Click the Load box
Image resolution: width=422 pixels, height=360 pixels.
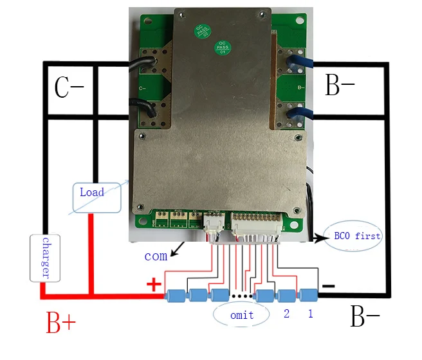(96, 195)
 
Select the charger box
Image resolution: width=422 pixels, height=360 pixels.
(45, 258)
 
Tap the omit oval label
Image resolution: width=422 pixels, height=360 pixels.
(241, 315)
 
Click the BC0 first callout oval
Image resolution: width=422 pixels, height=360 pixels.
(354, 236)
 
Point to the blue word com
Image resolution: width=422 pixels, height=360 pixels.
(156, 256)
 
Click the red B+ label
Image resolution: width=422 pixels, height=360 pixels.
(62, 323)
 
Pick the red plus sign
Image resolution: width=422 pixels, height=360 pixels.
(154, 284)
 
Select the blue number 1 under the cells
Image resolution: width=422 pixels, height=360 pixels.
(310, 314)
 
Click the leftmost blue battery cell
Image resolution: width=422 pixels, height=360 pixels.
(175, 296)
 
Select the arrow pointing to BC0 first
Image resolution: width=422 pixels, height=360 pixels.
(318, 237)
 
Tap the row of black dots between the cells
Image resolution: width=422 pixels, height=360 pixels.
(241, 296)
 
